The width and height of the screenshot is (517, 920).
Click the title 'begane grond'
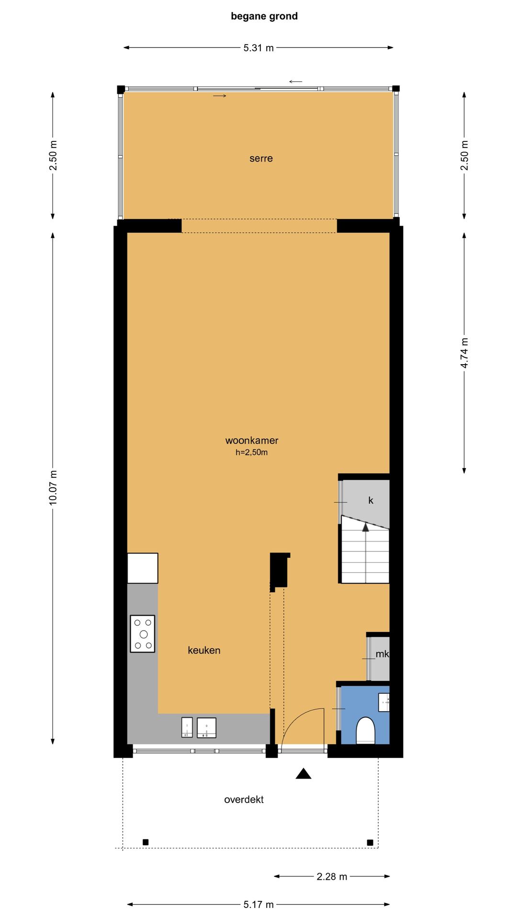click(x=264, y=16)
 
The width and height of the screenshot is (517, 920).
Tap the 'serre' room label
click(x=261, y=159)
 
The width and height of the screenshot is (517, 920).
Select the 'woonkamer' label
click(x=252, y=440)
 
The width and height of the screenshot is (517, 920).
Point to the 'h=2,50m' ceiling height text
click(x=251, y=452)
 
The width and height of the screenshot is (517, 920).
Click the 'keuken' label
click(x=204, y=650)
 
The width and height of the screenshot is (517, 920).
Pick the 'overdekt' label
click(x=244, y=799)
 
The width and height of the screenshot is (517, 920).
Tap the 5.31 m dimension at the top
click(x=258, y=48)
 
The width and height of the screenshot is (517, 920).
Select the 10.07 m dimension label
click(x=53, y=487)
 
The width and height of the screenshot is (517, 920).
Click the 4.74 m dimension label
click(x=464, y=353)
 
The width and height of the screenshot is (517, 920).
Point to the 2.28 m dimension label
click(x=332, y=876)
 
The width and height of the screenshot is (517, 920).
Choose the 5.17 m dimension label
click(x=258, y=904)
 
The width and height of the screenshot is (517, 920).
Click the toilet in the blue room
click(x=365, y=730)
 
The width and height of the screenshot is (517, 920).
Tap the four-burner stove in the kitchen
click(x=143, y=634)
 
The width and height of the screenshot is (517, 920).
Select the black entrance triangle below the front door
click(x=303, y=773)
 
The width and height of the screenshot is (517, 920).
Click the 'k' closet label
click(x=371, y=500)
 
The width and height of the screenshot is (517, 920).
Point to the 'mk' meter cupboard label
click(x=382, y=654)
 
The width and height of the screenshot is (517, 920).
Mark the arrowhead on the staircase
click(x=366, y=527)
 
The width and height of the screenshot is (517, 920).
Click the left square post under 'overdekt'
click(x=146, y=842)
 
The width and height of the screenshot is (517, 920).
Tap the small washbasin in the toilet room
click(x=384, y=702)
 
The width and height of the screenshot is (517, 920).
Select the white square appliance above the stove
click(x=143, y=568)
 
